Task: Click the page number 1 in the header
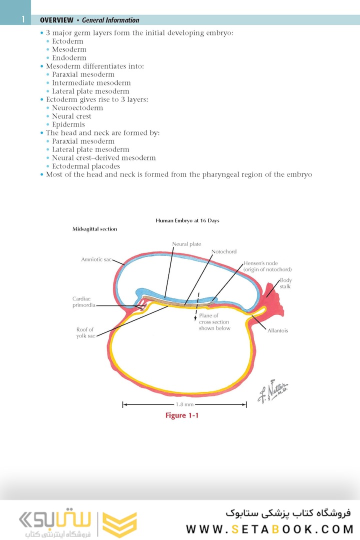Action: point(22,20)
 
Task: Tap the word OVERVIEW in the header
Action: point(55,20)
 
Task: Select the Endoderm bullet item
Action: point(69,58)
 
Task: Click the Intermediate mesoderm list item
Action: point(91,83)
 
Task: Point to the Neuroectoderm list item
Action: point(77,108)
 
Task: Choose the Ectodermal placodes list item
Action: point(85,166)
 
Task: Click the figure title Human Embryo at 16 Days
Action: point(187,220)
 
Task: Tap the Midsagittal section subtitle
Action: point(95,229)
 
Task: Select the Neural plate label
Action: point(186,244)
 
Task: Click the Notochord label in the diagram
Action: point(223,251)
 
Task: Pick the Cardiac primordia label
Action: point(83,302)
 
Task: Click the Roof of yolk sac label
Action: point(84,332)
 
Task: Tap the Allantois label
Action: point(277,330)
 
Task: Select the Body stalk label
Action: point(285,283)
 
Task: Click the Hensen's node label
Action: point(267,266)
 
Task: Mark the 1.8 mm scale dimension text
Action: point(184,404)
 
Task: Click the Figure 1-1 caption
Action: point(182,415)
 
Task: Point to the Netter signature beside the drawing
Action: point(273,390)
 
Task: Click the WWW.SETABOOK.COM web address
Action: point(269,529)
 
